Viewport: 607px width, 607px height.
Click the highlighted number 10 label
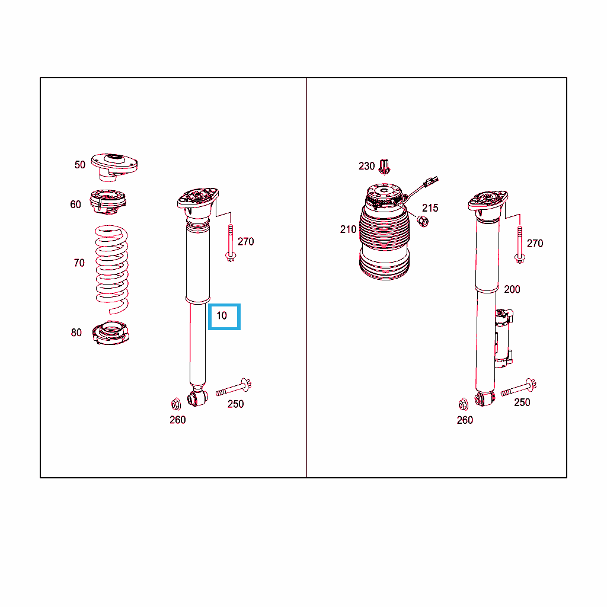pyautogui.click(x=222, y=316)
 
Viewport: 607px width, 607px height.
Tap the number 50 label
pyautogui.click(x=80, y=165)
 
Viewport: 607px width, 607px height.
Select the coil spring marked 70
pyautogui.click(x=112, y=270)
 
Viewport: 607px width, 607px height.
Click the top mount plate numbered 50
pyautogui.click(x=114, y=167)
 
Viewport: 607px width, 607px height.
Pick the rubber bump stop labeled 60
pyautogui.click(x=108, y=202)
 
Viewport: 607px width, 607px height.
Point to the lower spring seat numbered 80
pyautogui.click(x=111, y=333)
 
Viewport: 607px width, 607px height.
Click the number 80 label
pyautogui.click(x=76, y=333)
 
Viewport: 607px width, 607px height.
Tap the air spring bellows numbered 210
pyautogui.click(x=384, y=232)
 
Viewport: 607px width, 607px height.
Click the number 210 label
pyautogui.click(x=348, y=229)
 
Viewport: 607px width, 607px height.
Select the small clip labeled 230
pyautogui.click(x=384, y=167)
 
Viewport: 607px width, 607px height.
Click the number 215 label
pyautogui.click(x=430, y=208)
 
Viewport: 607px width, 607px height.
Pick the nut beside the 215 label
pyautogui.click(x=423, y=222)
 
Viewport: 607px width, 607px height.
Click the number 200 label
pyautogui.click(x=512, y=289)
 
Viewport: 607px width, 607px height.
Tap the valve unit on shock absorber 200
pyautogui.click(x=504, y=338)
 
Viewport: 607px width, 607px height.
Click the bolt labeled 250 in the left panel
pyautogui.click(x=234, y=388)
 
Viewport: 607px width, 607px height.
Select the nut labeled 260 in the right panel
pyautogui.click(x=463, y=404)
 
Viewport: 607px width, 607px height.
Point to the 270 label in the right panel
pyautogui.click(x=535, y=244)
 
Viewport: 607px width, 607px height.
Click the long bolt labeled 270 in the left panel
pyautogui.click(x=231, y=243)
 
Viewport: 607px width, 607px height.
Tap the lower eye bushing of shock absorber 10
pyautogui.click(x=197, y=398)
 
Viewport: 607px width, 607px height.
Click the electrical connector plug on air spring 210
pyautogui.click(x=432, y=181)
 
